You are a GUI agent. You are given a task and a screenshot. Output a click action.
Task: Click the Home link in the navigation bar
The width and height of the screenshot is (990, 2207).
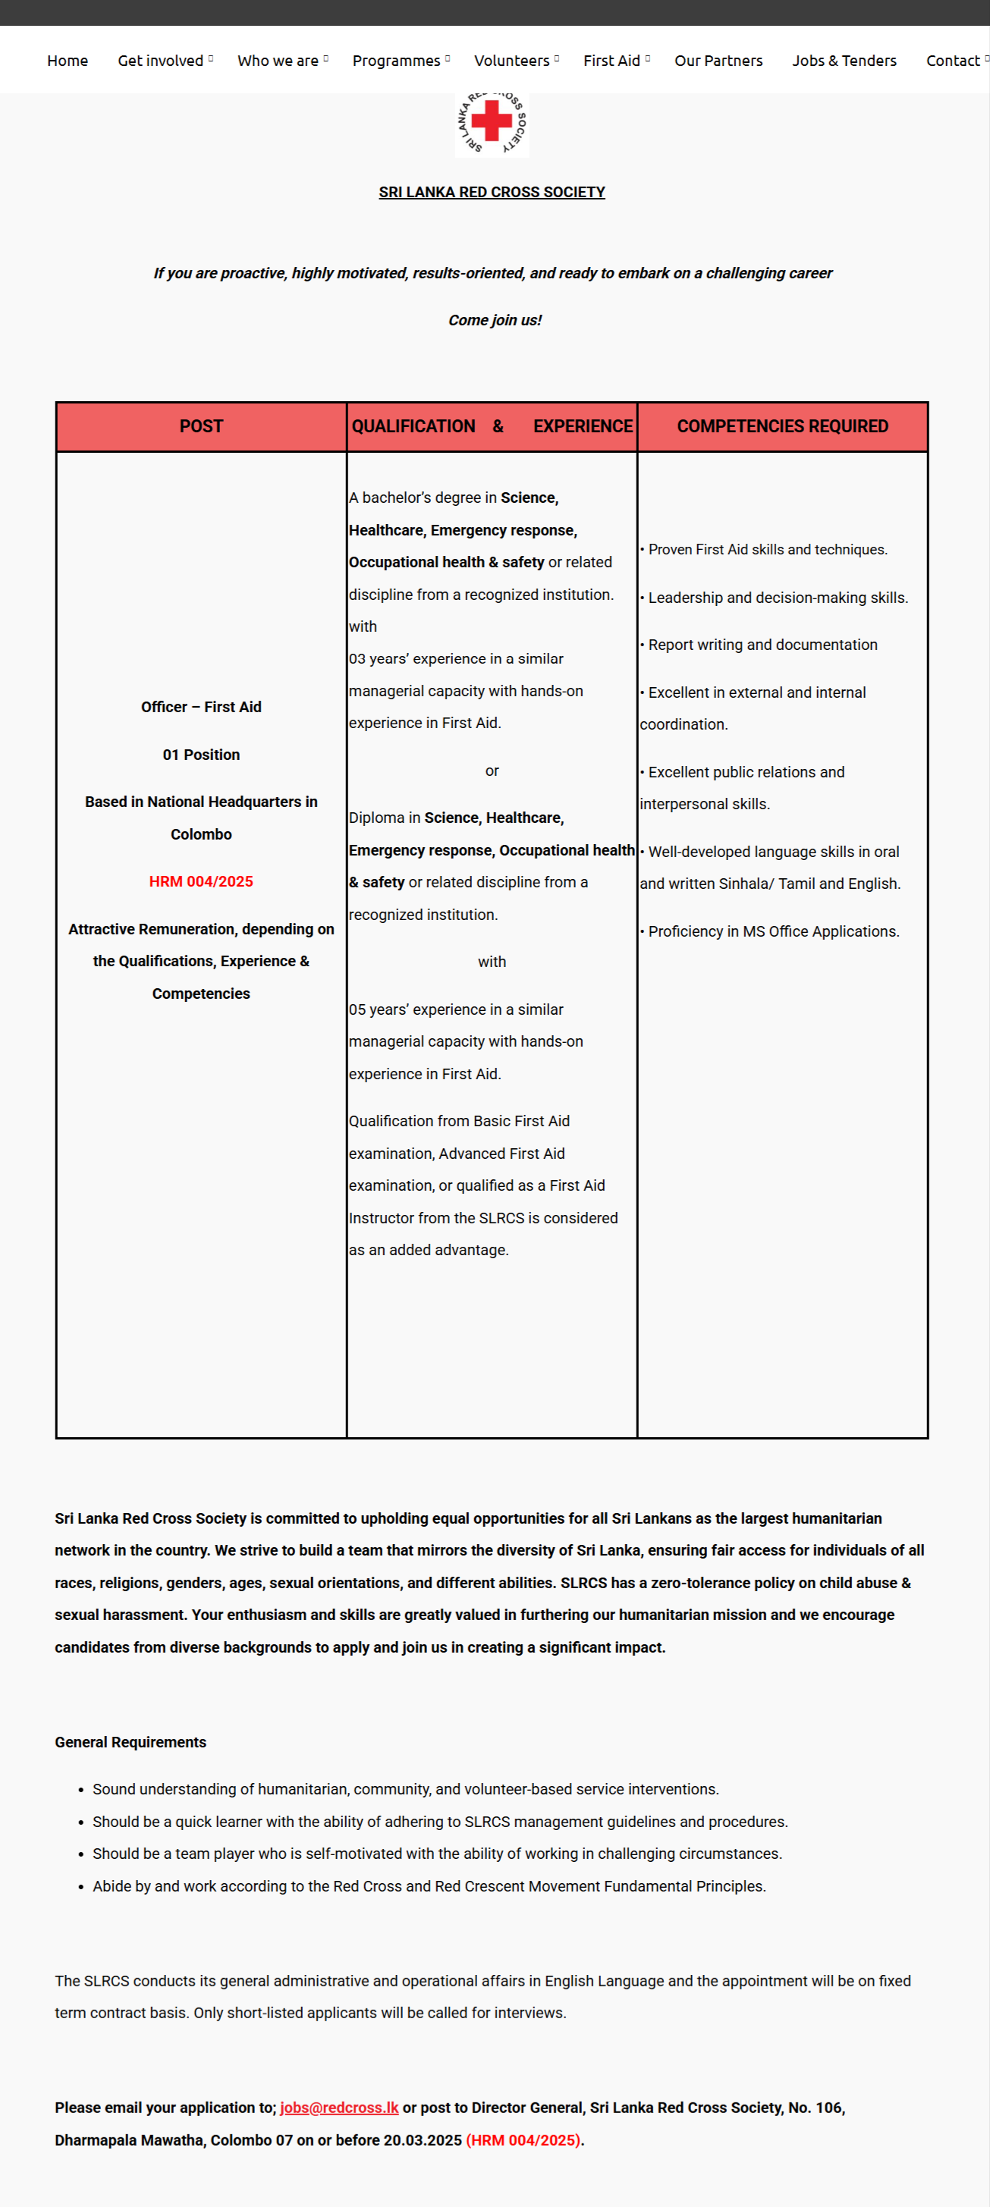[68, 61]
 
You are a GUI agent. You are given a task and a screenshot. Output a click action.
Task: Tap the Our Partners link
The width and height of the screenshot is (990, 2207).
[718, 61]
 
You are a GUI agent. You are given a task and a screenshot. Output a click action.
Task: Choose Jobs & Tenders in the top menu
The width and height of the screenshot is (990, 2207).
[844, 61]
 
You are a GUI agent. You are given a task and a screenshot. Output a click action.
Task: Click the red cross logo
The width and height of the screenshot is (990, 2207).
[491, 123]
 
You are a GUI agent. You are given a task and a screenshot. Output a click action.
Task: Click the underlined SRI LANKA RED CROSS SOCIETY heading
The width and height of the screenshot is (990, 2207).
[492, 192]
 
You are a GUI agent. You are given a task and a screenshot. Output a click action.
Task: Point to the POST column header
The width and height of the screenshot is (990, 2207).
[202, 427]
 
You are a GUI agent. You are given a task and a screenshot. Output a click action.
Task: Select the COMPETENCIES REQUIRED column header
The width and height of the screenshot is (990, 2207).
[783, 427]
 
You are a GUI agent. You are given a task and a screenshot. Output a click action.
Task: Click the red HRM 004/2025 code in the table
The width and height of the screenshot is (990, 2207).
[202, 881]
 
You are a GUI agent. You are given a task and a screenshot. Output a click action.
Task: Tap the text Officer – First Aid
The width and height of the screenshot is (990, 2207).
[202, 707]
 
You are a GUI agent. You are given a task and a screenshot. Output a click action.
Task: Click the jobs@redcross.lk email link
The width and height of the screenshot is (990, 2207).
[339, 2108]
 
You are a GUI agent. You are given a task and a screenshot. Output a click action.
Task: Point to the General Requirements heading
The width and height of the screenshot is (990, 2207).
[130, 1742]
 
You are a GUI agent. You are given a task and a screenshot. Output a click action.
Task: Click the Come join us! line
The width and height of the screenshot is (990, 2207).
[495, 320]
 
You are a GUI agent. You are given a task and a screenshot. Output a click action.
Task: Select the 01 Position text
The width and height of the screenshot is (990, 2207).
[202, 755]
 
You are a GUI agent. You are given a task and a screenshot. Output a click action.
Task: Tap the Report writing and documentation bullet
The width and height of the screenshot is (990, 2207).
[762, 645]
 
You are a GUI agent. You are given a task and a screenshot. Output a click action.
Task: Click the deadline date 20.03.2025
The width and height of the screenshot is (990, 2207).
[423, 2140]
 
